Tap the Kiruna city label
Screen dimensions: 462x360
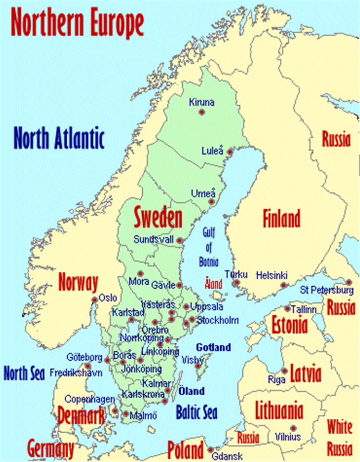tap(201, 102)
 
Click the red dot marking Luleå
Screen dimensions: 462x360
tap(230, 152)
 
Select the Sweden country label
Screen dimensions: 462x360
tap(158, 218)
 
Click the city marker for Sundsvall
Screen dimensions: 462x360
tap(179, 240)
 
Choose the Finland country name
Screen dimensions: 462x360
tap(281, 219)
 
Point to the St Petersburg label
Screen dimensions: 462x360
tap(327, 290)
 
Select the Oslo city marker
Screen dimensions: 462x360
tap(95, 300)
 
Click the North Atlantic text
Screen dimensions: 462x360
tap(59, 138)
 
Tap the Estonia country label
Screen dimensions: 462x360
tap(289, 325)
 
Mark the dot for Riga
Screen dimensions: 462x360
tap(285, 371)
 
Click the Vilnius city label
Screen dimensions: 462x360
tap(288, 437)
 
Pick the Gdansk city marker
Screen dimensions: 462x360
tap(211, 450)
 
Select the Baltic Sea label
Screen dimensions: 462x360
tap(196, 412)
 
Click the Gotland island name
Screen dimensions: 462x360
tap(213, 347)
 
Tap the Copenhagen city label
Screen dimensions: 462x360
tap(90, 399)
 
